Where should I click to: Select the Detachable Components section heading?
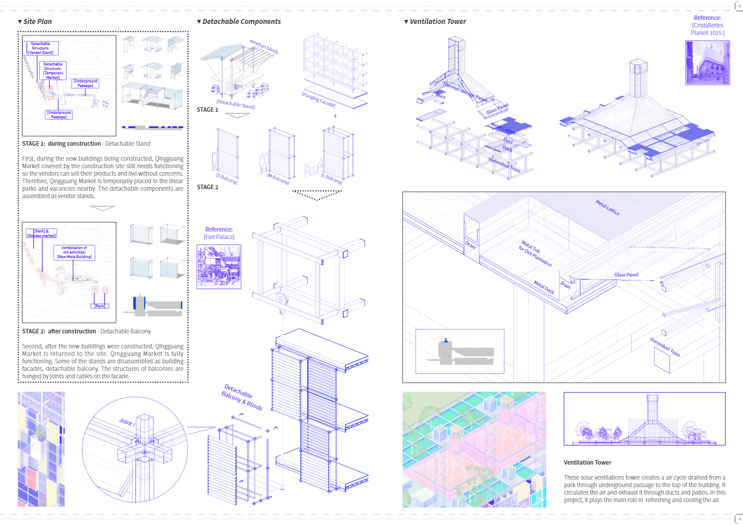[241, 21]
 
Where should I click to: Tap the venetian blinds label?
[264, 47]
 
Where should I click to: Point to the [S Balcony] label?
[226, 179]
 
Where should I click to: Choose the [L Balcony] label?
[332, 179]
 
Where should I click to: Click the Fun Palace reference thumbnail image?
[219, 266]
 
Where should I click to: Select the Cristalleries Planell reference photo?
[707, 62]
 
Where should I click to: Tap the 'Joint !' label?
[127, 422]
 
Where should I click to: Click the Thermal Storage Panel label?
[464, 91]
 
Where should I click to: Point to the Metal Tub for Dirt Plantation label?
[536, 253]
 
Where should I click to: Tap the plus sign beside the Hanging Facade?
[335, 116]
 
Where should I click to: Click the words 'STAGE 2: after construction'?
[59, 331]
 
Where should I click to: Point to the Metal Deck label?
[544, 287]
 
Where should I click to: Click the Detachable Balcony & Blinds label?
[242, 397]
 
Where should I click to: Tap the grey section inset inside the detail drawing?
[460, 351]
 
